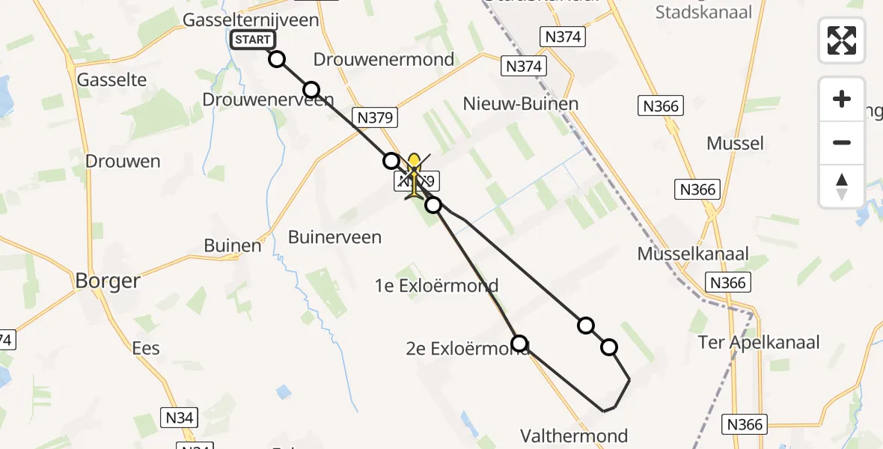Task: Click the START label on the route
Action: click(253, 40)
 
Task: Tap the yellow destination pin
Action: click(414, 165)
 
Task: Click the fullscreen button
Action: click(842, 40)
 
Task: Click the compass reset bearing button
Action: click(842, 186)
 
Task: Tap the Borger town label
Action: click(108, 281)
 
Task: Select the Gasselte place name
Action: click(111, 79)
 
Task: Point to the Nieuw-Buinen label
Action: click(521, 103)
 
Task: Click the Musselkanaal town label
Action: click(693, 253)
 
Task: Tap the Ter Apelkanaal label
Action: click(759, 343)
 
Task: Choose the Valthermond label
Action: click(575, 436)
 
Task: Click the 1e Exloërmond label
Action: click(437, 286)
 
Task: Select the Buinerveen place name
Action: click(335, 238)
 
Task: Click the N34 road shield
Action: click(180, 417)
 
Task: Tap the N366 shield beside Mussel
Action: click(699, 189)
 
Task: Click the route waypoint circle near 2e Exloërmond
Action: click(519, 343)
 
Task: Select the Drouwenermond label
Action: click(384, 59)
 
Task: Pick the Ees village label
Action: click(146, 348)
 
